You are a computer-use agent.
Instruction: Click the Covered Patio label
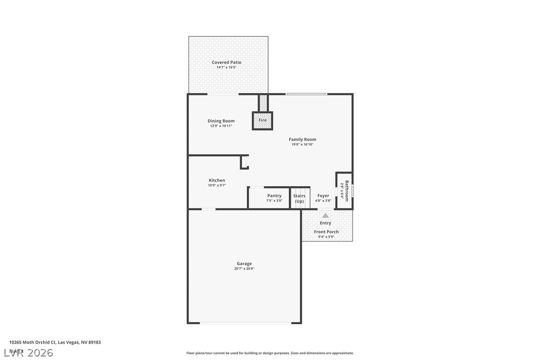click(226, 63)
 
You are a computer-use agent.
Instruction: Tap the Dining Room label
click(221, 121)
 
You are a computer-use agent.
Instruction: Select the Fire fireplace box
click(263, 120)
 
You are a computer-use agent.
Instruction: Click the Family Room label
click(302, 139)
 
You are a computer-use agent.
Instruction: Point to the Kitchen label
click(217, 180)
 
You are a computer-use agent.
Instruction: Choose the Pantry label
click(274, 196)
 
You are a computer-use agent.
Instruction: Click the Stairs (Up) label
click(299, 198)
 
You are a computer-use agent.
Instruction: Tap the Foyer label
click(323, 196)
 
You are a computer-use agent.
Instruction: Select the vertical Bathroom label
click(347, 190)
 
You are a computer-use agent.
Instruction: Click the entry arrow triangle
click(325, 215)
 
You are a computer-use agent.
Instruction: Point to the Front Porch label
click(326, 232)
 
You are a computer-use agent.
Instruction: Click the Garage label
click(244, 264)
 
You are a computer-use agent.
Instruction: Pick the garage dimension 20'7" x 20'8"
click(244, 269)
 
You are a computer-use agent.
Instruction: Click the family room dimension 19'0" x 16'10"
click(302, 145)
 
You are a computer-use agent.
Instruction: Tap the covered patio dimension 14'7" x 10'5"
click(226, 68)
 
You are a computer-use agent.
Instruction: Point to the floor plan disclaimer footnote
click(270, 353)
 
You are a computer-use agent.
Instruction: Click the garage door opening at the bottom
click(246, 323)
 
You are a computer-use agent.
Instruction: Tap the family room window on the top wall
click(306, 94)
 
